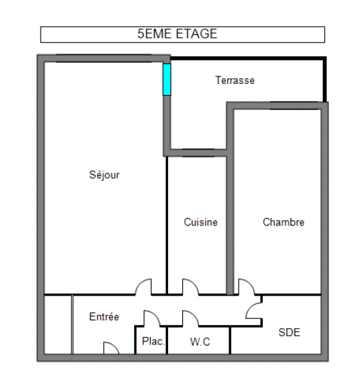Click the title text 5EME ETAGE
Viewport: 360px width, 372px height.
(177, 34)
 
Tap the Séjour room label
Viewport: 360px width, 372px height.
(104, 175)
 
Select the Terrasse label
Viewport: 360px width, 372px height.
(235, 80)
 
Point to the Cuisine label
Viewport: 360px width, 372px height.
(201, 222)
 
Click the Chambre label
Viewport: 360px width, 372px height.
(284, 222)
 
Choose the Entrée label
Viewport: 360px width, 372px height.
(104, 317)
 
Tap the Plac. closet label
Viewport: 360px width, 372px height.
(153, 341)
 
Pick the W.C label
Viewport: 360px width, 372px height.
(200, 342)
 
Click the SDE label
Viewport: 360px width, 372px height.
(289, 332)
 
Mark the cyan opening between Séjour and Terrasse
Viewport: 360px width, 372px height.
(167, 80)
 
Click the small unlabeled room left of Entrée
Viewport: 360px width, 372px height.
(58, 325)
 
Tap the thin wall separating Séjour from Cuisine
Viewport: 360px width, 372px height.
(167, 226)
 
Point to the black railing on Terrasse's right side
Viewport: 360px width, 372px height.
(325, 80)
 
